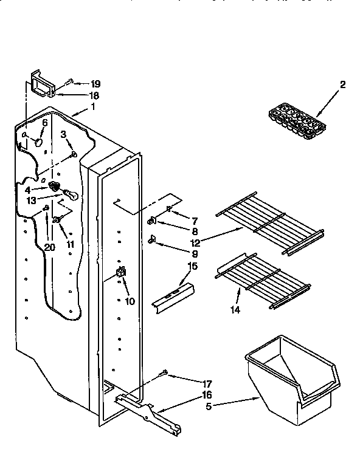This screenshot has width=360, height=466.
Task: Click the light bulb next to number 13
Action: coord(71,197)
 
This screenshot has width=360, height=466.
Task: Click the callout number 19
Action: coord(95,83)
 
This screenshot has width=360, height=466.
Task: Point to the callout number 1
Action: coord(93,107)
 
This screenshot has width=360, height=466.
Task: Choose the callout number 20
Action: coord(49,247)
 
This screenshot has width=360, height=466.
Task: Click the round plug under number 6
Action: coord(38,143)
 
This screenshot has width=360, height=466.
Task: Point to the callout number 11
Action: coord(71,244)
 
